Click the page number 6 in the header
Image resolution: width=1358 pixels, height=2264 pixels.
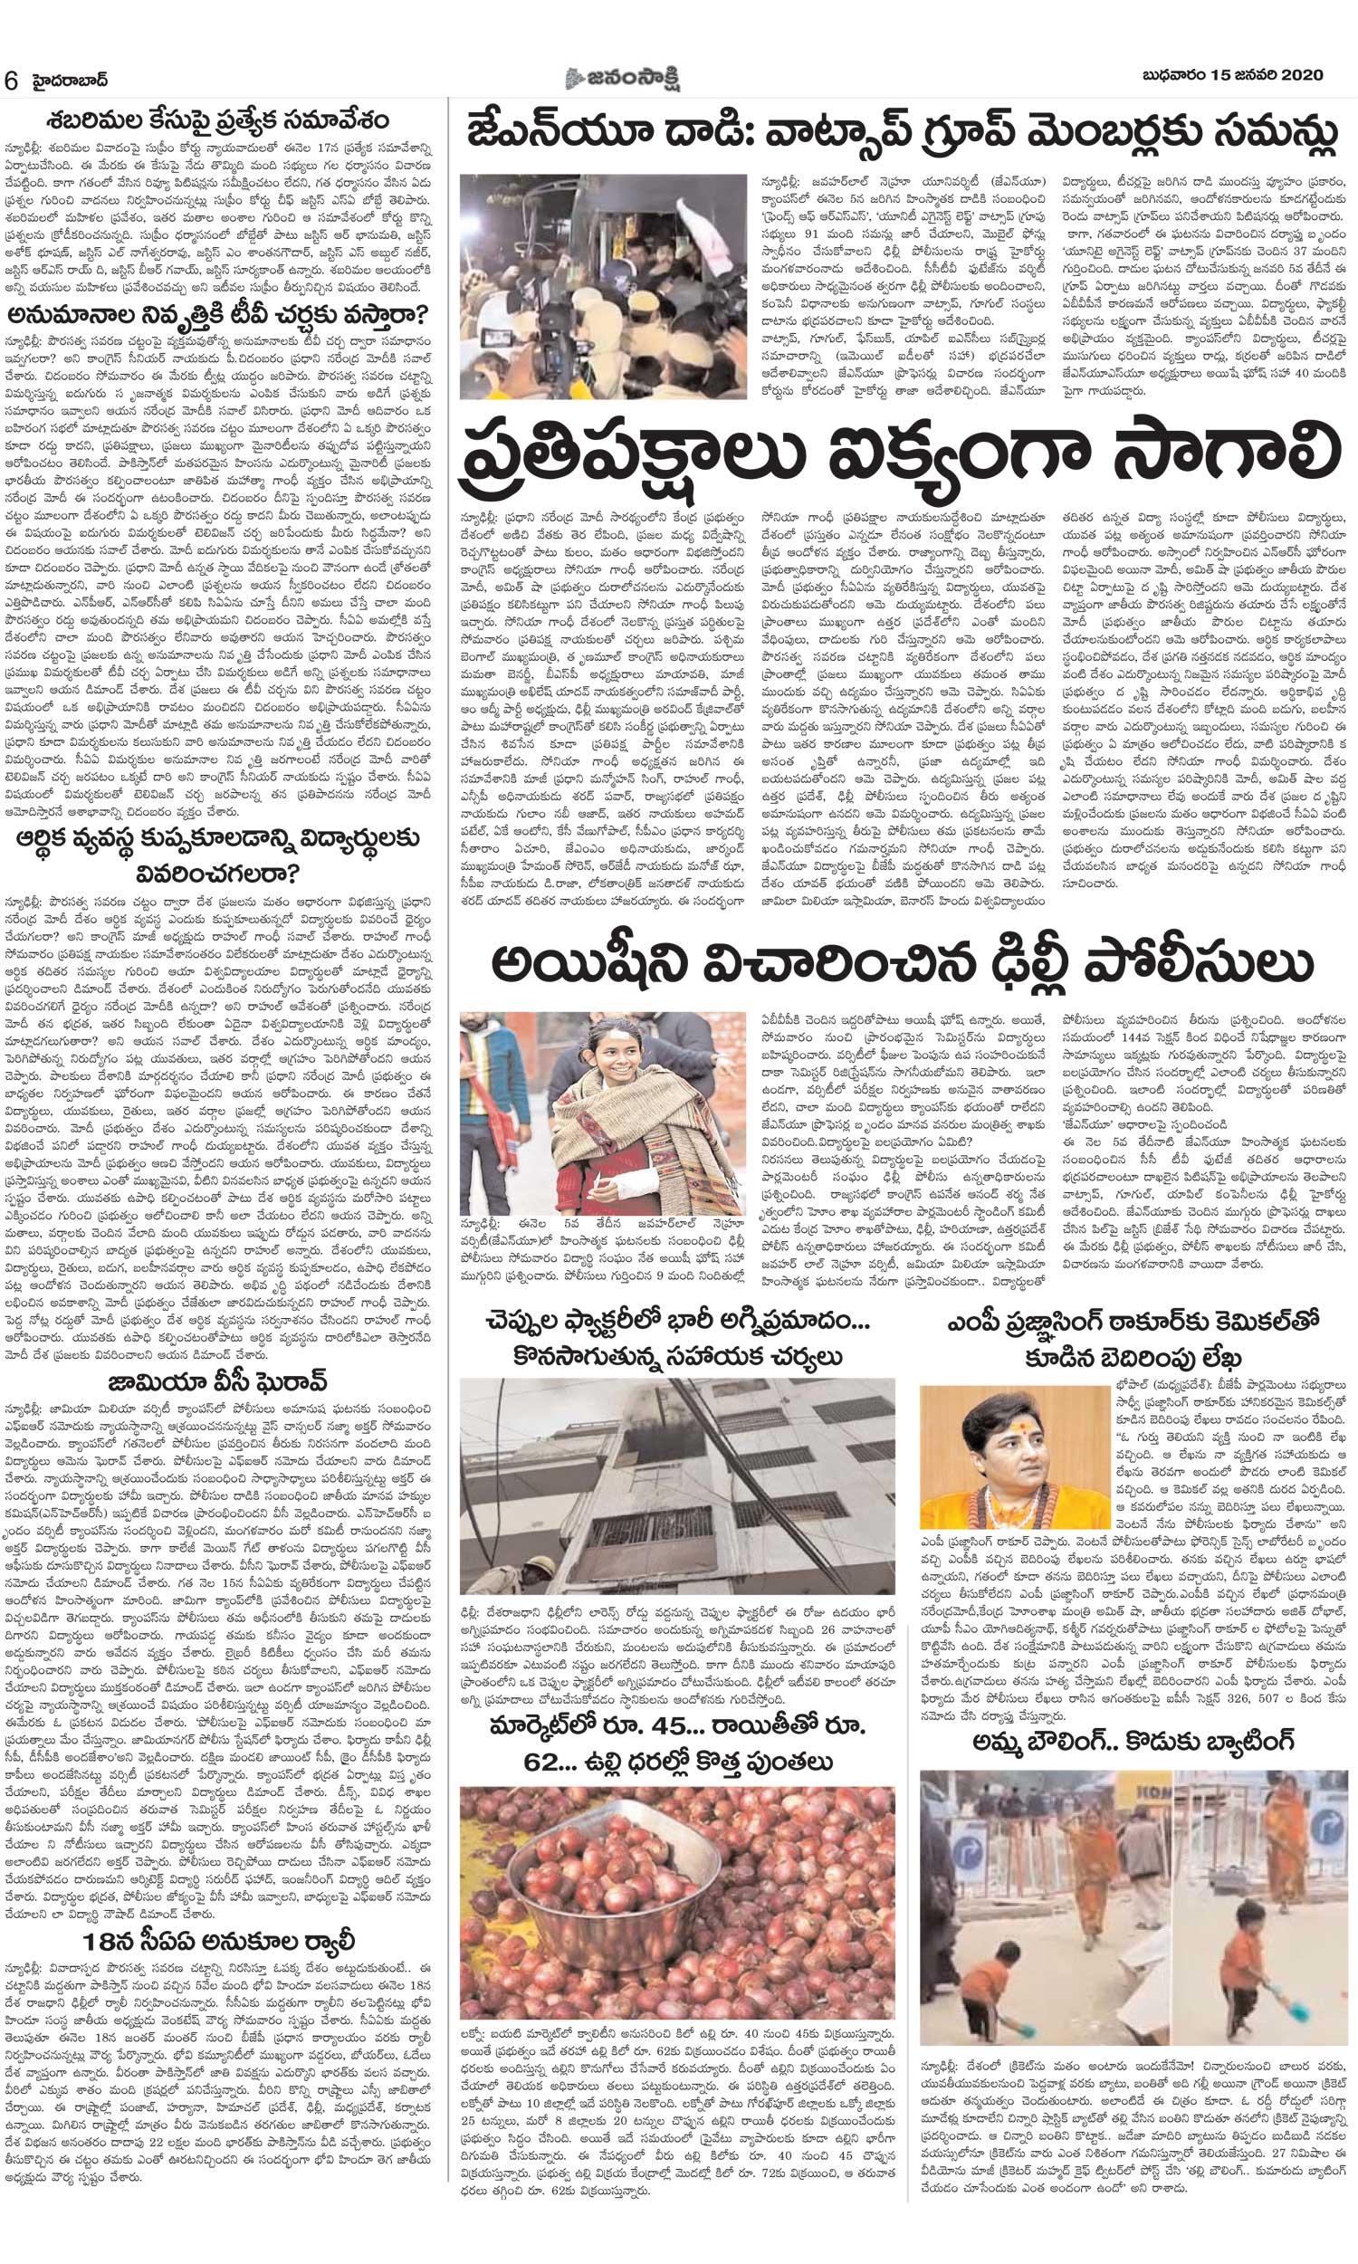12,80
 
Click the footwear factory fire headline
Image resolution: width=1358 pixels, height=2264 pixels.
678,1338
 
